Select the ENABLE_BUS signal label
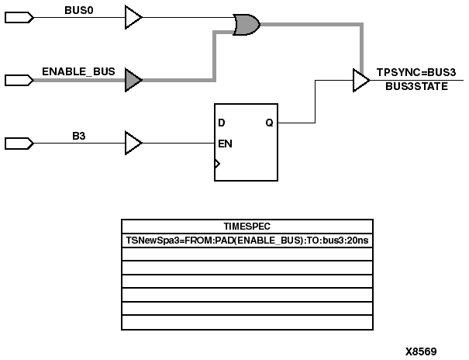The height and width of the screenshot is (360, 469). tap(78, 71)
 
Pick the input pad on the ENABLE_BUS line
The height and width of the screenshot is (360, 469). tap(19, 80)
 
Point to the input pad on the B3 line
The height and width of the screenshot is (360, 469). tap(19, 144)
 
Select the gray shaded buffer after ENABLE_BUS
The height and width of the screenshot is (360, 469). tap(133, 80)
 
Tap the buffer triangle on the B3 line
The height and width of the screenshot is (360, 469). tap(133, 144)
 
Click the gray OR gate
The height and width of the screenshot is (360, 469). tap(247, 26)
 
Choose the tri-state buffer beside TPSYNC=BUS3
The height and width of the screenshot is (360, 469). tap(360, 80)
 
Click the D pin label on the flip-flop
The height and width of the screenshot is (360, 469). tap(222, 123)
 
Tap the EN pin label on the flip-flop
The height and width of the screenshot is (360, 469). tap(226, 144)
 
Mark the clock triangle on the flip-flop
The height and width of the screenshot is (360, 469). tap(218, 164)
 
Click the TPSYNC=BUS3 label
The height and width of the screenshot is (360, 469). tap(416, 71)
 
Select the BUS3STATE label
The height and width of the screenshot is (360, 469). tap(416, 87)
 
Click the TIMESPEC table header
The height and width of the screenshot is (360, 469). tap(246, 226)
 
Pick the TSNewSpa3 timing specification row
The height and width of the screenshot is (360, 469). tap(246, 240)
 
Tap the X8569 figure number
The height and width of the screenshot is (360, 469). tap(421, 351)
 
